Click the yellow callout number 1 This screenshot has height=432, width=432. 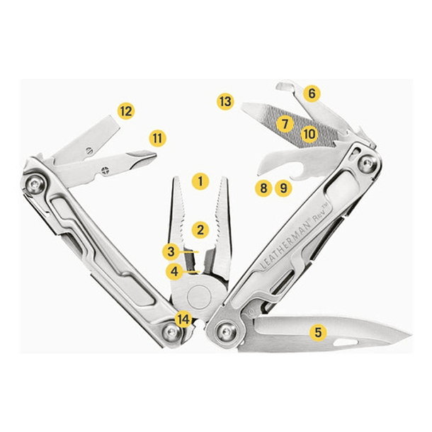pos(200,181)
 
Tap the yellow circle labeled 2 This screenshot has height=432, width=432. pos(200,229)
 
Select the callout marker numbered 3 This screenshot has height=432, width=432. pos(172,251)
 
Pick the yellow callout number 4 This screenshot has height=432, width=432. pos(174,271)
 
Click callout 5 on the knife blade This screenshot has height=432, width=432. pos(318,331)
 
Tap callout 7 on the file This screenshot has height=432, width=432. pos(285,123)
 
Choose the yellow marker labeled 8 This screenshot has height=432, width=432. pos(263,188)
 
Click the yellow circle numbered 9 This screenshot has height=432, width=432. pos(283,188)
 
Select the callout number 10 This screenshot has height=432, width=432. pos(309,132)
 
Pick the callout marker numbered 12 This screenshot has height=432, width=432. pos(126,110)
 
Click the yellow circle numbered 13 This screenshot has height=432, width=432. pos(225,101)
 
